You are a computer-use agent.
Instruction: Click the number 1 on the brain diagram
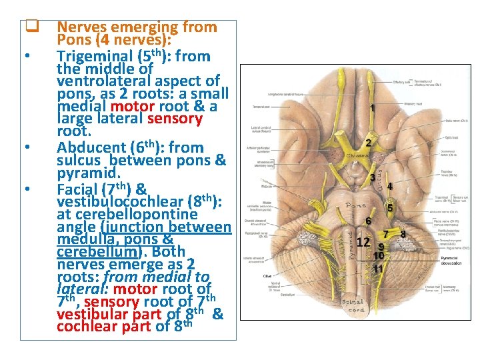tap(372, 107)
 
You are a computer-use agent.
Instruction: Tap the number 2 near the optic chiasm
tap(368, 143)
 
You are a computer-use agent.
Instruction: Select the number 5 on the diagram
tap(390, 207)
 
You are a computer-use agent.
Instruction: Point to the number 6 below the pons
tap(368, 221)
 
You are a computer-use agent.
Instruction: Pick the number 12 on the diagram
tap(363, 242)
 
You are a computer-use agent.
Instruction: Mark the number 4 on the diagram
tap(389, 186)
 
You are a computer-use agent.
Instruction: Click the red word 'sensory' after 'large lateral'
tap(175, 119)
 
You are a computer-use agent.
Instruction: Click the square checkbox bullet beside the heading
tap(29, 28)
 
